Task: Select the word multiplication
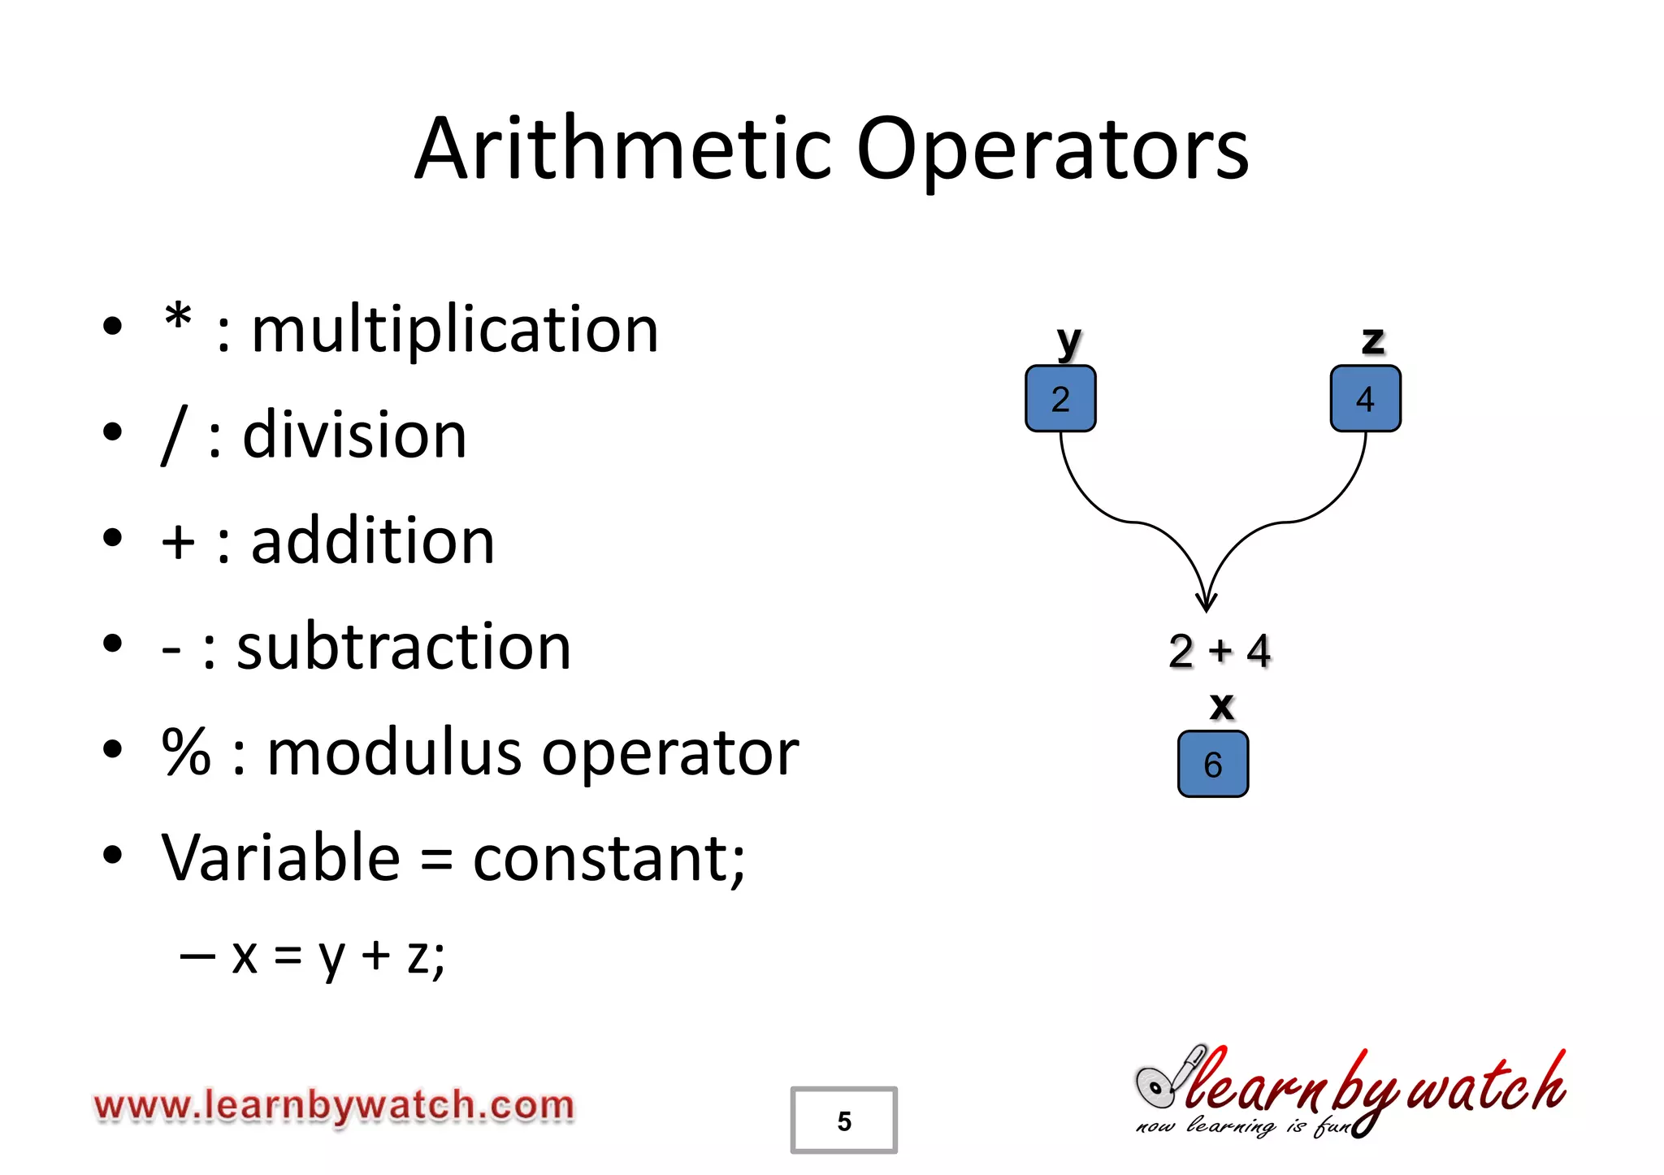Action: click(x=455, y=331)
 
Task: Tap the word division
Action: click(x=354, y=436)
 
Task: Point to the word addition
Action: click(x=373, y=542)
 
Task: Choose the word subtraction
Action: click(x=404, y=648)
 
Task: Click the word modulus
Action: click(x=393, y=753)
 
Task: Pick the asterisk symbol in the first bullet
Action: click(x=178, y=321)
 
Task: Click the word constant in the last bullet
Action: click(x=609, y=859)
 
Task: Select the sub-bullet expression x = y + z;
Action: click(x=338, y=956)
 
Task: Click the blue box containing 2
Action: click(x=1060, y=399)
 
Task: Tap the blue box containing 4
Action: click(x=1365, y=399)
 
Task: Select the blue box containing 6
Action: click(x=1212, y=765)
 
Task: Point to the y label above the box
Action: click(x=1068, y=341)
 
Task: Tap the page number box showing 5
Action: click(x=843, y=1121)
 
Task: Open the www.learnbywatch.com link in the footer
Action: click(x=334, y=1107)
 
